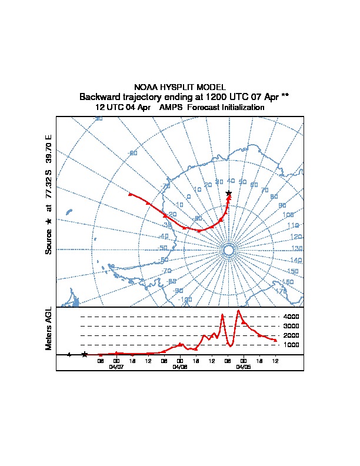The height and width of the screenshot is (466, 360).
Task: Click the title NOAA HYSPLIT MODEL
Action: click(x=180, y=87)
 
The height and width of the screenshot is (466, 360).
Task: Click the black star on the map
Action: click(x=229, y=193)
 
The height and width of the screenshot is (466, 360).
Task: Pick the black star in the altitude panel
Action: click(x=85, y=354)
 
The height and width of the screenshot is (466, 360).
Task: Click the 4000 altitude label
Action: click(x=291, y=317)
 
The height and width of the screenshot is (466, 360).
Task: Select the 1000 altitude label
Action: click(x=291, y=345)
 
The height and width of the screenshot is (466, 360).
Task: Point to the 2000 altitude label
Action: click(x=291, y=335)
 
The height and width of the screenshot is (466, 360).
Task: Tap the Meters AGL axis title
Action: click(x=49, y=329)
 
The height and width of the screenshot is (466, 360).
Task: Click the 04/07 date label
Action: click(x=116, y=367)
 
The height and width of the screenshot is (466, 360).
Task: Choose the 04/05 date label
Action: click(x=243, y=367)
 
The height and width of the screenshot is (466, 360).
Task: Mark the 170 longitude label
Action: click(x=281, y=291)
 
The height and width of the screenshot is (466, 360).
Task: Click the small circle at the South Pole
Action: click(x=229, y=251)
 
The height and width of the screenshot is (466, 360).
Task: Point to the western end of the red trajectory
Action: click(x=129, y=193)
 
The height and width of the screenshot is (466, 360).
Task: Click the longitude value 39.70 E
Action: click(x=49, y=149)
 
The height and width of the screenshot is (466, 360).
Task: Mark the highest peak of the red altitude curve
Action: click(x=238, y=311)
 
